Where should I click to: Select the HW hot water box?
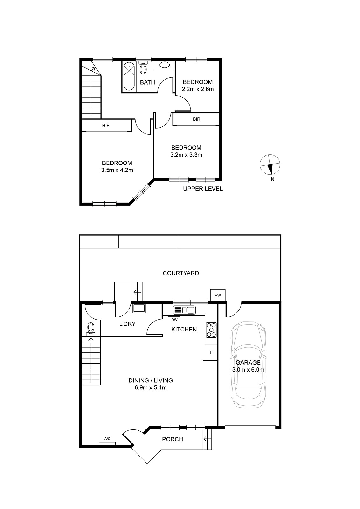click(218, 296)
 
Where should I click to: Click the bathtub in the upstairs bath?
click(129, 77)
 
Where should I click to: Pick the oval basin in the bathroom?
click(164, 65)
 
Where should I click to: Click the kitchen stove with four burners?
click(211, 330)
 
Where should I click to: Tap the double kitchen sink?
click(184, 310)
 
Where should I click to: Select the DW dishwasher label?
click(174, 320)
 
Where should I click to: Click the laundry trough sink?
click(139, 308)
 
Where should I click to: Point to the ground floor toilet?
click(90, 329)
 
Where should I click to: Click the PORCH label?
click(173, 439)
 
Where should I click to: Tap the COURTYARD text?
click(181, 273)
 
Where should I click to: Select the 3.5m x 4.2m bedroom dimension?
click(117, 170)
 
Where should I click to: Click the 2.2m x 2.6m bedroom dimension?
click(198, 89)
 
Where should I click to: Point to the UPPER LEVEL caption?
click(203, 189)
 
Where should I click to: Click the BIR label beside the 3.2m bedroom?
click(196, 119)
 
